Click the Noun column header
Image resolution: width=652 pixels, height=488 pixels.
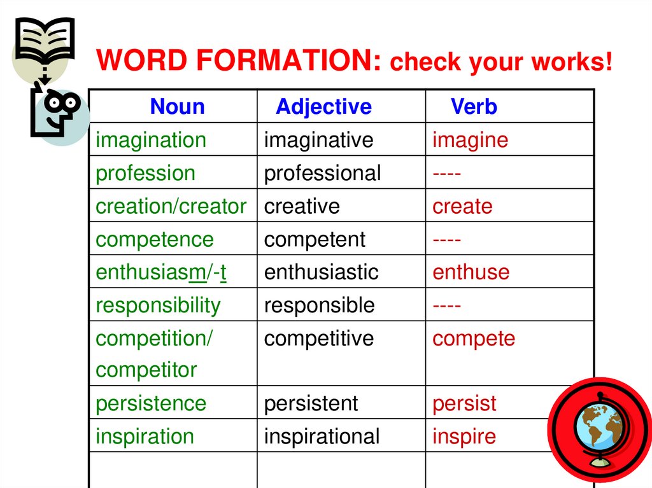pyautogui.click(x=177, y=106)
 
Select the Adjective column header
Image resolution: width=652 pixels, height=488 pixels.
pyautogui.click(x=323, y=106)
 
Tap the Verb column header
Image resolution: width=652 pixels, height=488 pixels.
pyautogui.click(x=474, y=106)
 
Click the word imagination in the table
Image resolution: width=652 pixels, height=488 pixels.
pyautogui.click(x=151, y=140)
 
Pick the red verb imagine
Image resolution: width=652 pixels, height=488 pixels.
pyautogui.click(x=470, y=140)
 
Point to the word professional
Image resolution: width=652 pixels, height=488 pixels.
pyautogui.click(x=322, y=173)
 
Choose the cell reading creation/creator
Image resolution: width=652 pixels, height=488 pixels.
pyautogui.click(x=171, y=206)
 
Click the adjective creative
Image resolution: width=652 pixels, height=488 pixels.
pyautogui.click(x=302, y=206)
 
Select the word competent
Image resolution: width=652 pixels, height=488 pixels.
pyautogui.click(x=315, y=239)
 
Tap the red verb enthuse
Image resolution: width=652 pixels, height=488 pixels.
pyautogui.click(x=471, y=272)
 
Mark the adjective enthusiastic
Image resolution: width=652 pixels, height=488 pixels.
pyautogui.click(x=321, y=272)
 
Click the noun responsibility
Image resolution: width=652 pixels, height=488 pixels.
pyautogui.click(x=157, y=305)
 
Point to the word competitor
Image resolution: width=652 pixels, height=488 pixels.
pyautogui.click(x=146, y=370)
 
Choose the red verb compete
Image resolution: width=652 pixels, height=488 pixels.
pyautogui.click(x=473, y=338)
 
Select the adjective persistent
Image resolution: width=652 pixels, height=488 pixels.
pyautogui.click(x=311, y=403)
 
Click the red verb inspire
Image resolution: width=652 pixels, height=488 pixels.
pyautogui.click(x=464, y=436)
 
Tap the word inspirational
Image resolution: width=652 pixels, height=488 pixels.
pyautogui.click(x=322, y=436)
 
